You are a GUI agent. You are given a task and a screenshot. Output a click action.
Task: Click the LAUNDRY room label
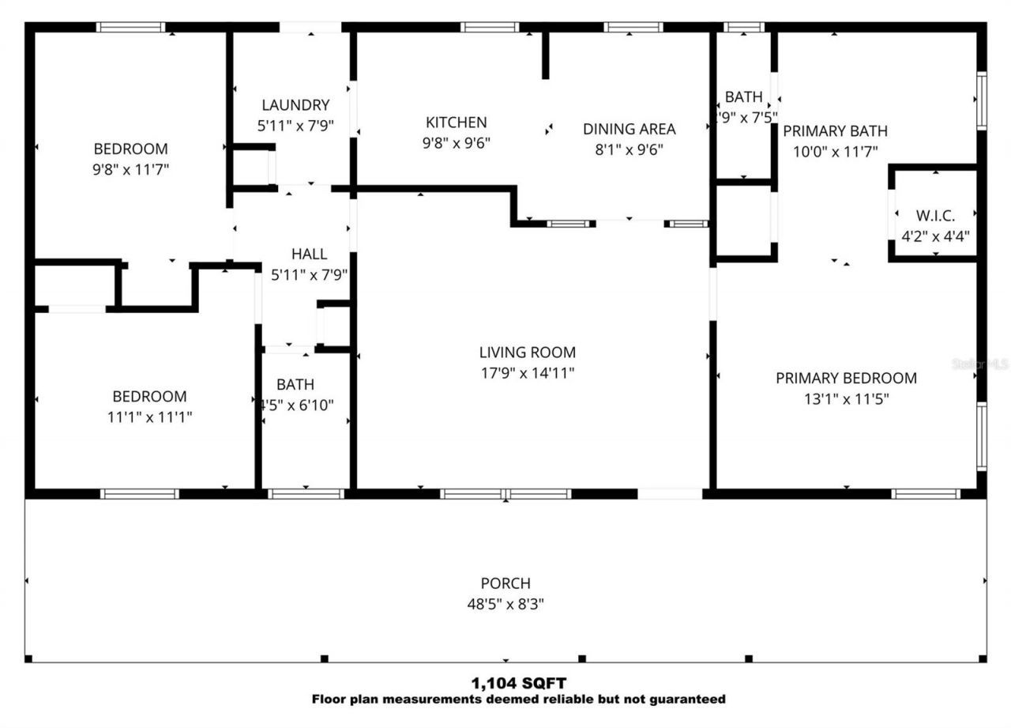coord(295,105)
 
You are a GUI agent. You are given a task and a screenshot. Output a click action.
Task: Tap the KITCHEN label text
coord(456,123)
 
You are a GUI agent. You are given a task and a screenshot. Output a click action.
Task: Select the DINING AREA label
coord(629,129)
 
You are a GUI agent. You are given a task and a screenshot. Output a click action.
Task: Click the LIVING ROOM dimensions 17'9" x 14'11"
coord(528,373)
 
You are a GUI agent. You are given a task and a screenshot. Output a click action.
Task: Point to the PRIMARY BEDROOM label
coord(846,378)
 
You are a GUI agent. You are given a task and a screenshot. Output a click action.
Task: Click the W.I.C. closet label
coord(935,215)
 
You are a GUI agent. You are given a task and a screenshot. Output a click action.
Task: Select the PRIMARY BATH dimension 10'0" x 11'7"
coord(836,151)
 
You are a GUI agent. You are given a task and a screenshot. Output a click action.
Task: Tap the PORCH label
coord(505,583)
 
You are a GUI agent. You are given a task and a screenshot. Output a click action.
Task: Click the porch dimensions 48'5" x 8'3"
coord(505,605)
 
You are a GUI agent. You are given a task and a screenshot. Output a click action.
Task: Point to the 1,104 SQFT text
coord(518,683)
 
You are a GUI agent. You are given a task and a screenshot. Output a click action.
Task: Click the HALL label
coord(309,254)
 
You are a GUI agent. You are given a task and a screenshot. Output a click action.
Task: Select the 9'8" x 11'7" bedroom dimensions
coord(131,169)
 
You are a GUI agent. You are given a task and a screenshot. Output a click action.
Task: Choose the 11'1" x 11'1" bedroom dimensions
coord(149,417)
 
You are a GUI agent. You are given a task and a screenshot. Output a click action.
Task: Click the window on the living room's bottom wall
coord(505,494)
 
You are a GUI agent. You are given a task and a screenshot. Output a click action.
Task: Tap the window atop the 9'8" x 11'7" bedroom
coord(131,28)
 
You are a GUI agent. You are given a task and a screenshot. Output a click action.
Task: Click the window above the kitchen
coord(490,28)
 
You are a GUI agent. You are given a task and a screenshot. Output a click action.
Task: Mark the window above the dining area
coord(633,28)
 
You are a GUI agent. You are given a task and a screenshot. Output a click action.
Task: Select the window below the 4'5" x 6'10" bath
coord(306,494)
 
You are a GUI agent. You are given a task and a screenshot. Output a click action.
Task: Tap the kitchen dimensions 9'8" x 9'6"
coord(456,143)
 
